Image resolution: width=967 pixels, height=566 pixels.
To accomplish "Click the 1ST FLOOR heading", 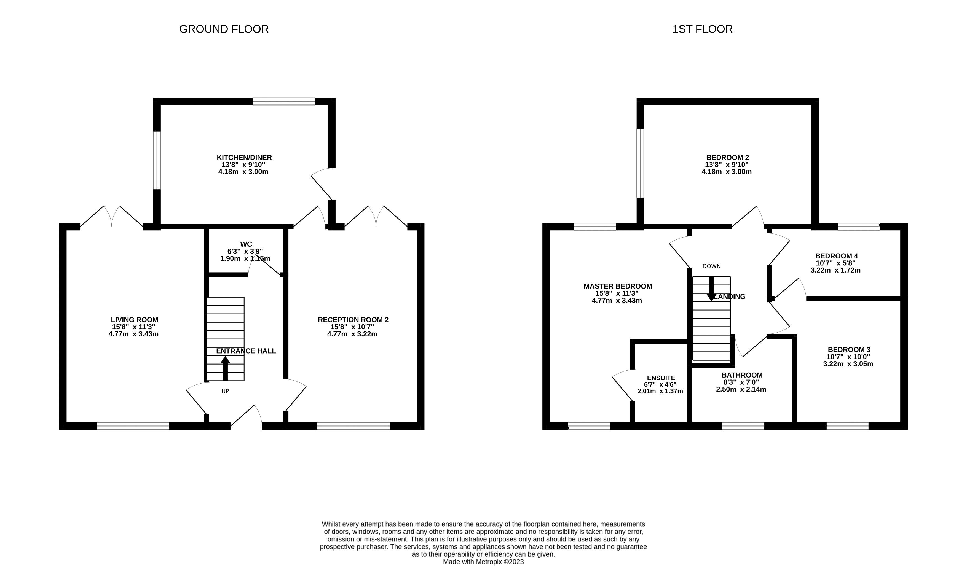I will (702, 29).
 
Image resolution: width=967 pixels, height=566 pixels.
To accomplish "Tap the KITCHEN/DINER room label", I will (244, 158).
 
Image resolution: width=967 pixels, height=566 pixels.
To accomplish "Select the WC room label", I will (246, 244).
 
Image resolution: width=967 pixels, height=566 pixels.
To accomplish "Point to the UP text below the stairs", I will (225, 391).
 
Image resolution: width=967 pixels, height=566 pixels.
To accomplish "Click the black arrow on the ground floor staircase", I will (225, 368).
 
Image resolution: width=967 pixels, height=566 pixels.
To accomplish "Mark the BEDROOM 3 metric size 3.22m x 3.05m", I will (848, 364).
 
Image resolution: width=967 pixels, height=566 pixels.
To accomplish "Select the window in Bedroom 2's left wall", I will (640, 163).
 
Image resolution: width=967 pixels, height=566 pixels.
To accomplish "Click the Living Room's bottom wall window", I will (133, 426).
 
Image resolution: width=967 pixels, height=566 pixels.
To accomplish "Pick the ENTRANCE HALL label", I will (246, 351).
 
